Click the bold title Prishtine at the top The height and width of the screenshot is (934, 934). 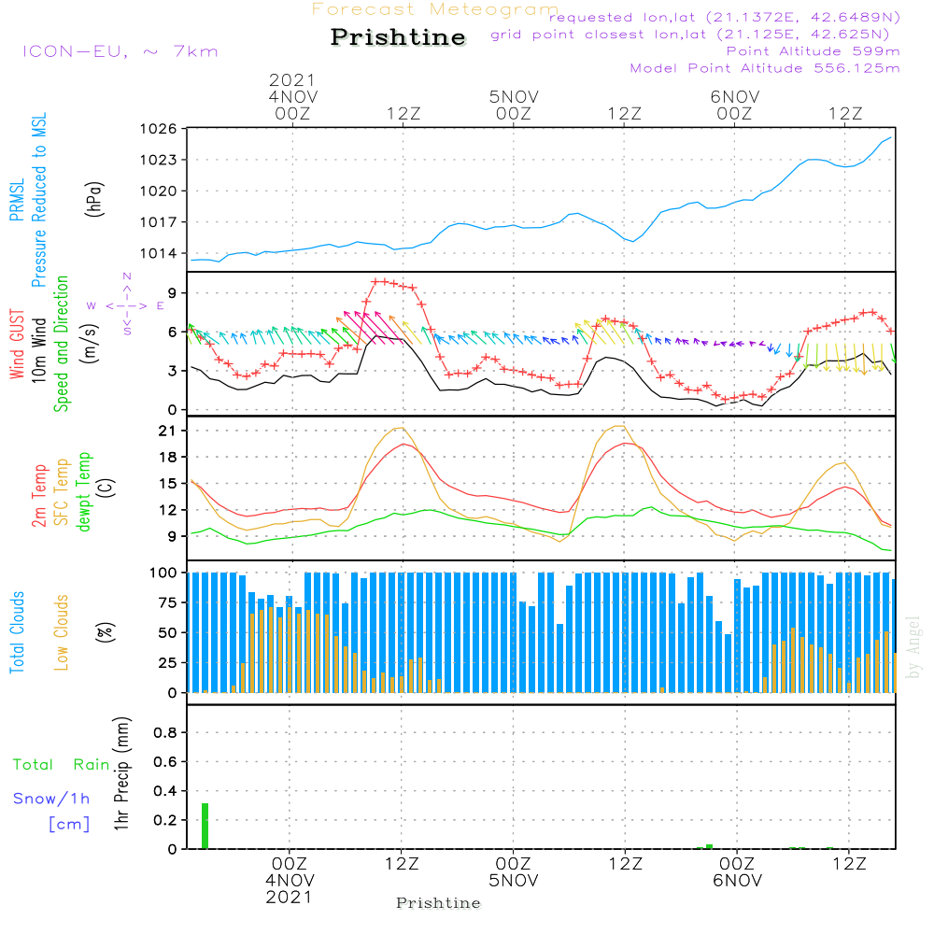398,37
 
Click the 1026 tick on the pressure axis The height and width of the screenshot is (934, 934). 159,129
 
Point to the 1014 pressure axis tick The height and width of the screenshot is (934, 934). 159,253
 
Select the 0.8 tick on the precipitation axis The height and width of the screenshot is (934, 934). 165,732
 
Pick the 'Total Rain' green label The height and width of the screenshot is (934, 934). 61,765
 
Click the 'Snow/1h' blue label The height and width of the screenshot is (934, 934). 51,800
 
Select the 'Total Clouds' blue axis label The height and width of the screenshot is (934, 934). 17,631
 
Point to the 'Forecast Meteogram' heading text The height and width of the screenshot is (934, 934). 434,9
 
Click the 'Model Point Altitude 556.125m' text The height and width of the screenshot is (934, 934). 765,68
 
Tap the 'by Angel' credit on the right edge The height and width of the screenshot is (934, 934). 913,647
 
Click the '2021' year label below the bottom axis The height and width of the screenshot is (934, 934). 290,897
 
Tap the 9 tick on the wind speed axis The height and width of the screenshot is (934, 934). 173,293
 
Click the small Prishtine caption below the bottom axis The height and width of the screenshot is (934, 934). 438,903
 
